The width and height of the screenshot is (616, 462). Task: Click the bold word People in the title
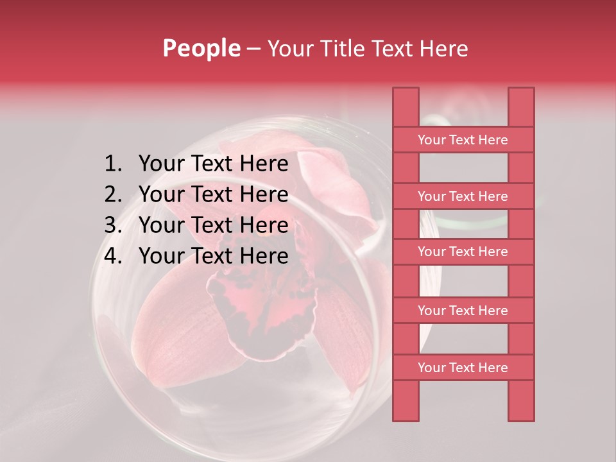(201, 48)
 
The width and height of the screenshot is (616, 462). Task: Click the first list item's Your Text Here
(213, 164)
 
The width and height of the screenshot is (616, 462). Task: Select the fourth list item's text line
(213, 256)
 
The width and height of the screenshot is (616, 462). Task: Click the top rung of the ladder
(463, 140)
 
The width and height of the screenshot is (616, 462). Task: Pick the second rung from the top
(463, 196)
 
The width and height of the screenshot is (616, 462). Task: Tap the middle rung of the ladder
(463, 252)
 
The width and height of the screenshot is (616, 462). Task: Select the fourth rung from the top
(463, 311)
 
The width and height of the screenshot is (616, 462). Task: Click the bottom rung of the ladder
(463, 368)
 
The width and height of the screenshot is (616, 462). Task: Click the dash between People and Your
(253, 49)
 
